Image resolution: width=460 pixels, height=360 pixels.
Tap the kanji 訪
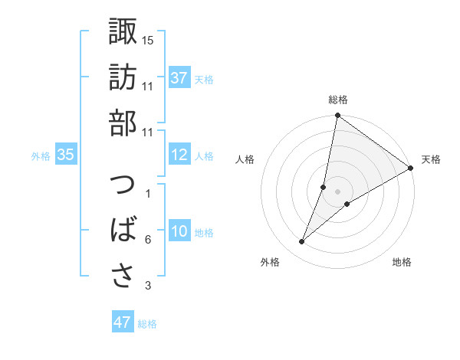(x=123, y=77)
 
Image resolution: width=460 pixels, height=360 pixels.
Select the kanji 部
(x=123, y=122)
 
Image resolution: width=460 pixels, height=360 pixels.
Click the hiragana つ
(x=123, y=186)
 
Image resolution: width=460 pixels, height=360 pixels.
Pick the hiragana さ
(x=123, y=275)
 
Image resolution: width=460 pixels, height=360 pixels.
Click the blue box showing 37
(x=179, y=78)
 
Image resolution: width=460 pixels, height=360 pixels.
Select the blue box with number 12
(x=179, y=155)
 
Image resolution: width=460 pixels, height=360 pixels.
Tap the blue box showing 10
(x=179, y=232)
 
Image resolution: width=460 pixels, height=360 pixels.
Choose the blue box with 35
(x=66, y=155)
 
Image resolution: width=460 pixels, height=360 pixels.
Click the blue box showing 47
(x=123, y=322)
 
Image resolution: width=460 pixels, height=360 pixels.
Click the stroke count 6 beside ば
(x=147, y=240)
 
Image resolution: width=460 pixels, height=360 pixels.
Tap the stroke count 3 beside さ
(x=147, y=286)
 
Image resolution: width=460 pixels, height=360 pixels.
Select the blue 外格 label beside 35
(x=41, y=156)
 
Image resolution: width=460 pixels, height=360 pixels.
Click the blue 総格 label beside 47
(x=147, y=324)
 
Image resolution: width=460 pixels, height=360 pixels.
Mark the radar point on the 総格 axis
(x=337, y=116)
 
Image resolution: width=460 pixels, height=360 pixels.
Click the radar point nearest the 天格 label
(x=410, y=169)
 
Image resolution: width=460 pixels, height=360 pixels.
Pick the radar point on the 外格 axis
(x=301, y=242)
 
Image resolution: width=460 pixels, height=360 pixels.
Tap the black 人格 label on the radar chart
(x=245, y=159)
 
